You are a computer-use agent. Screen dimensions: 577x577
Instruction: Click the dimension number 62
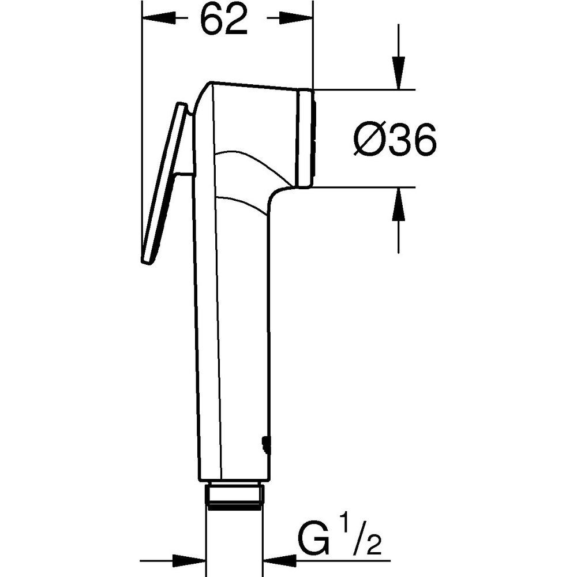(224, 18)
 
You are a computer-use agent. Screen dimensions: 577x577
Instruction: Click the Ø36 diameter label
(395, 138)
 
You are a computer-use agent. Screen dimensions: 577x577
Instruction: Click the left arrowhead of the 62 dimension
(158, 17)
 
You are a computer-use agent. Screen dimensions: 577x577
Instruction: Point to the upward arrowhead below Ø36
(398, 204)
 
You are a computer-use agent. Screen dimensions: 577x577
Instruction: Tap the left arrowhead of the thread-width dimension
(189, 561)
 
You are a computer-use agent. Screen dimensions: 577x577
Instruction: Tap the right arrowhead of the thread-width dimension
(280, 561)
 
